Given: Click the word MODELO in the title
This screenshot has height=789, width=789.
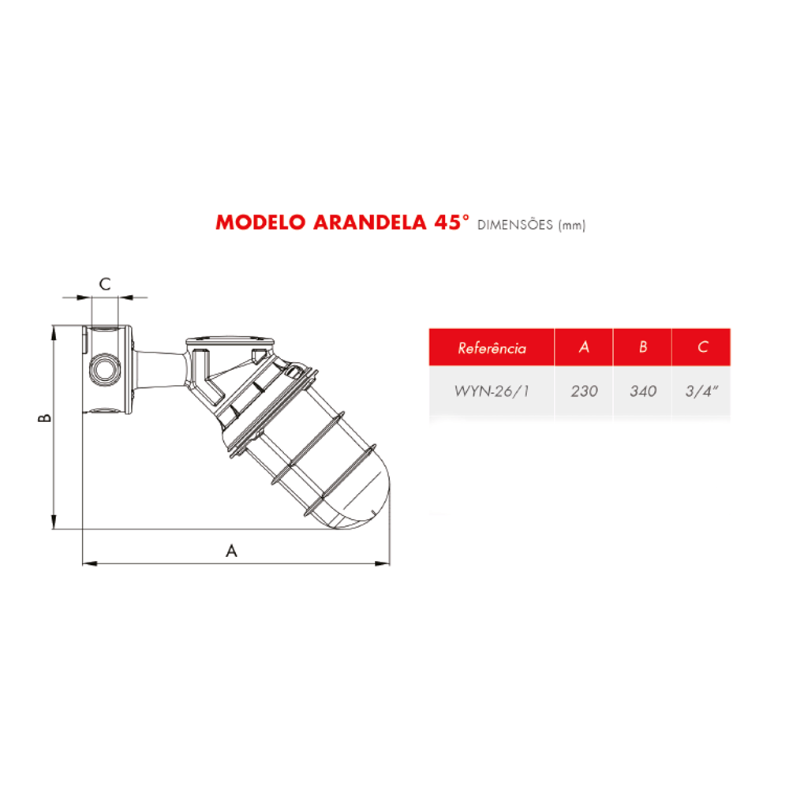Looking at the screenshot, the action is tap(260, 222).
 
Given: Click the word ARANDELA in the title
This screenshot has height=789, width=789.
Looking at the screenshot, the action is tap(370, 222).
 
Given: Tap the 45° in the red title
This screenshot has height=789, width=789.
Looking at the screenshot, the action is tap(451, 222).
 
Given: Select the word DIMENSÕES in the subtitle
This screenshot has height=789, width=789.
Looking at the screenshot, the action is tap(514, 224).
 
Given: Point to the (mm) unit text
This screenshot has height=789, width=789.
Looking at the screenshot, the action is tap(572, 226).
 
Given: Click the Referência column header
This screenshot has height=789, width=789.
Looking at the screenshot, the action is tap(492, 348).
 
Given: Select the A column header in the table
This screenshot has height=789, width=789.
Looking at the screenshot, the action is tap(584, 346).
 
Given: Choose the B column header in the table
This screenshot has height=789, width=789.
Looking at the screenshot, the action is tap(642, 346).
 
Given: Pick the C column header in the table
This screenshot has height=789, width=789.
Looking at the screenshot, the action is tap(702, 346).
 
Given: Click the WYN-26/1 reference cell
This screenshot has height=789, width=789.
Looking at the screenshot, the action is tap(492, 391).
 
